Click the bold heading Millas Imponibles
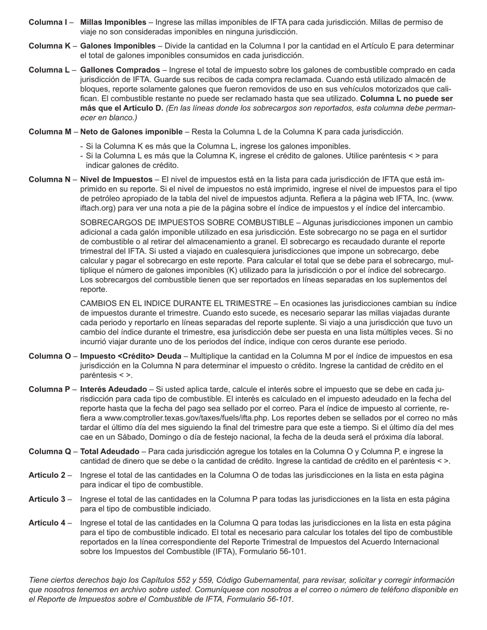click(x=113, y=23)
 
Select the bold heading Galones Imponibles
click(x=118, y=46)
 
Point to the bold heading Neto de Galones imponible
click(x=131, y=132)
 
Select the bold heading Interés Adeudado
click(x=114, y=389)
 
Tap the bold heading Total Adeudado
click(x=110, y=451)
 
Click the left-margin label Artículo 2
click(x=47, y=475)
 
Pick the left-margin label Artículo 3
click(x=47, y=499)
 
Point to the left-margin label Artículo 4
click(x=47, y=523)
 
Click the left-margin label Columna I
click(x=48, y=23)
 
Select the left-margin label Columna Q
click(x=50, y=451)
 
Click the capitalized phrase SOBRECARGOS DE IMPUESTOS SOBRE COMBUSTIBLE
click(x=187, y=223)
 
